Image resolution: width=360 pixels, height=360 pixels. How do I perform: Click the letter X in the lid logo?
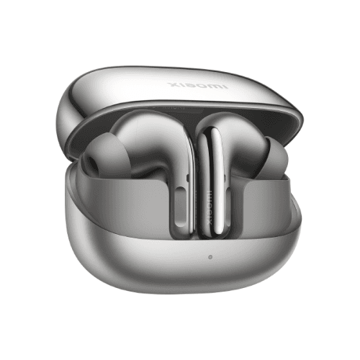171,84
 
